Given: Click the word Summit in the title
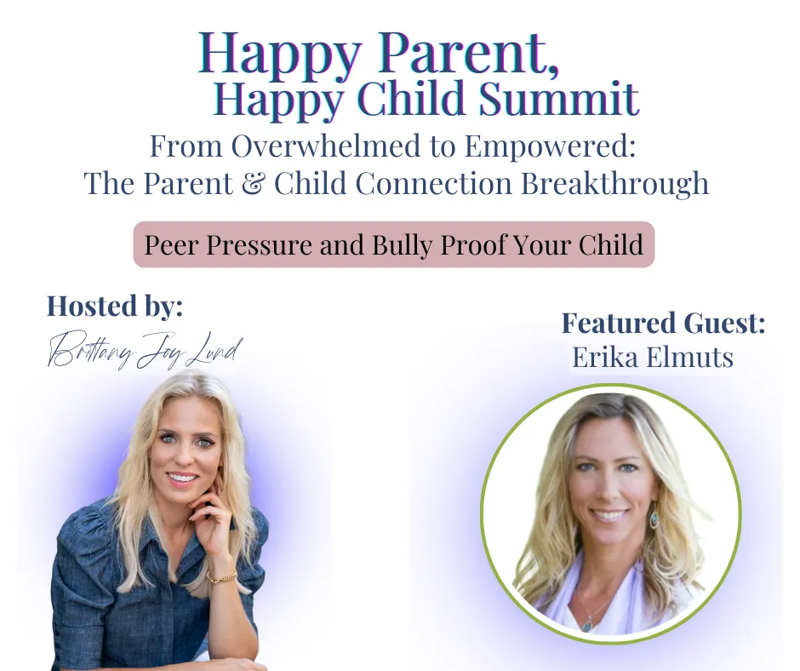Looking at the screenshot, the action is pyautogui.click(x=558, y=99).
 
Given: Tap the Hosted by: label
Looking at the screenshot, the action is pyautogui.click(x=115, y=307).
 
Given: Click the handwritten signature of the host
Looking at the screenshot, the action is pyautogui.click(x=145, y=351).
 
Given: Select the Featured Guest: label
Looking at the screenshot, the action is pyautogui.click(x=663, y=324).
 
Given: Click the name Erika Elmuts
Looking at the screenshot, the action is pyautogui.click(x=653, y=357).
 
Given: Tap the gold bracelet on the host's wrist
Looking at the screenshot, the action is pyautogui.click(x=222, y=576).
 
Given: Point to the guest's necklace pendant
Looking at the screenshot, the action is pyautogui.click(x=588, y=623).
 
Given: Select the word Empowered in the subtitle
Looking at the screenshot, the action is pyautogui.click(x=550, y=146).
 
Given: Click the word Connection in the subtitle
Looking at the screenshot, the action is pyautogui.click(x=434, y=183).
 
